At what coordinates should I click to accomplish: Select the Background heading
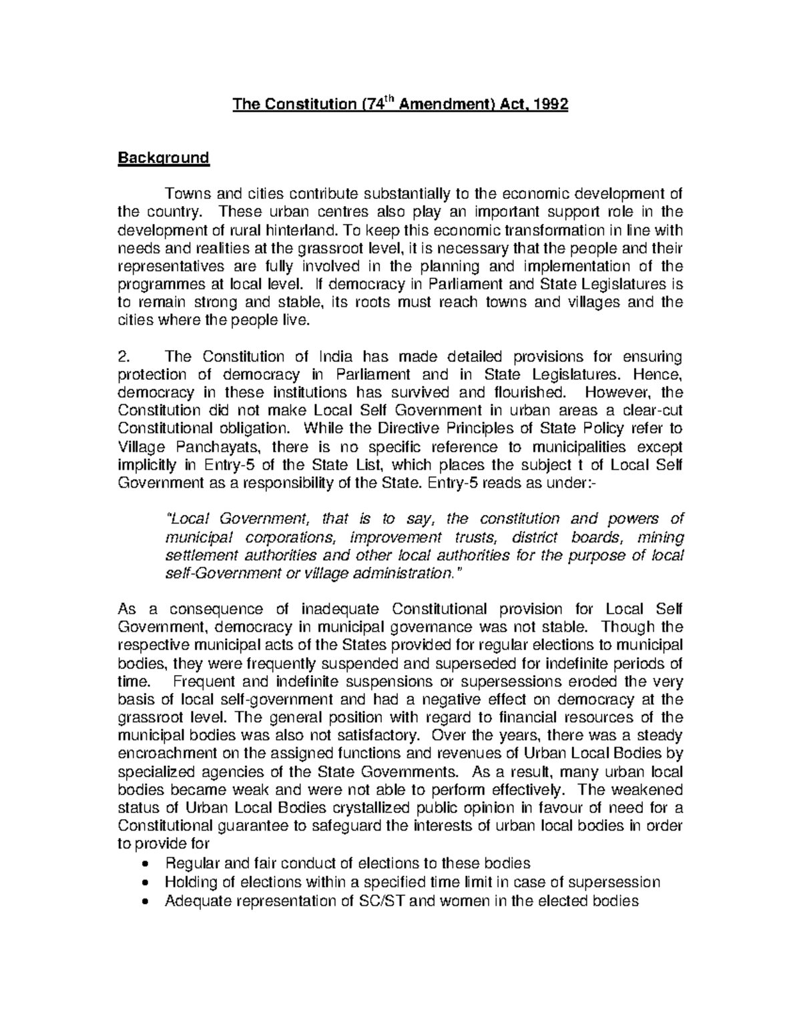pos(164,158)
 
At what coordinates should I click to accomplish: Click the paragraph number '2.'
pos(124,356)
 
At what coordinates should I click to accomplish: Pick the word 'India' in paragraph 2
pos(326,356)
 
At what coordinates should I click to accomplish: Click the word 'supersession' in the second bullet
pos(617,882)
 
